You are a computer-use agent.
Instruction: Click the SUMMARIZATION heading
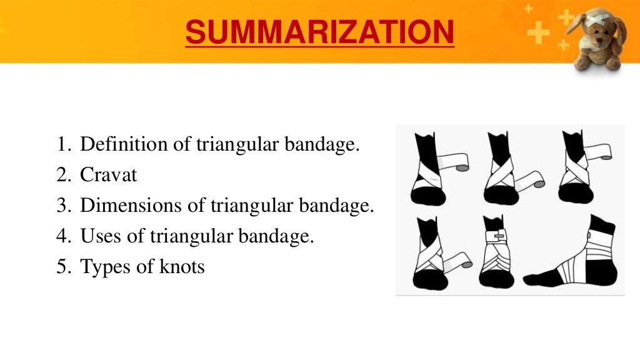coord(319,32)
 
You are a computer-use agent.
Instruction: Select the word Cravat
coord(108,176)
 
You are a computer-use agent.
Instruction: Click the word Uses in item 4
coord(99,237)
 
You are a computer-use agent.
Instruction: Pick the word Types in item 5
coord(103,267)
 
